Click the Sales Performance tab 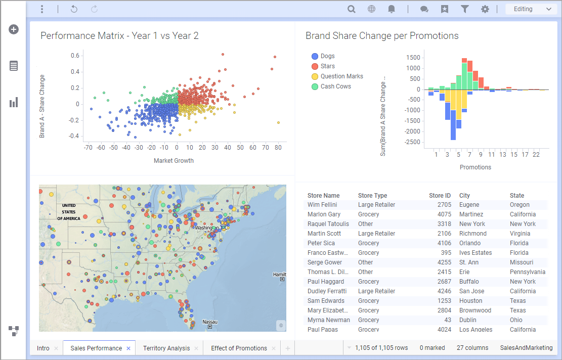96,348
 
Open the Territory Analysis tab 166,348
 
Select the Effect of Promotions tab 239,348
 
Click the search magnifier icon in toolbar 351,9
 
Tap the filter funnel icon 464,9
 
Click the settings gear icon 485,9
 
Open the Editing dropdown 532,9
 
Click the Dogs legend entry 327,56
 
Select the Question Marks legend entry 341,76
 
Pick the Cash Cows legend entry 335,86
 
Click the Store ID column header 440,196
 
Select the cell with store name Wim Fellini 322,205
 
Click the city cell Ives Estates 475,253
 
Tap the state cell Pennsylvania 528,272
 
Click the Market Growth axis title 174,161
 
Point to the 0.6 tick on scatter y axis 75,56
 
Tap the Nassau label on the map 210,322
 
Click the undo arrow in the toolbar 74,9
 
